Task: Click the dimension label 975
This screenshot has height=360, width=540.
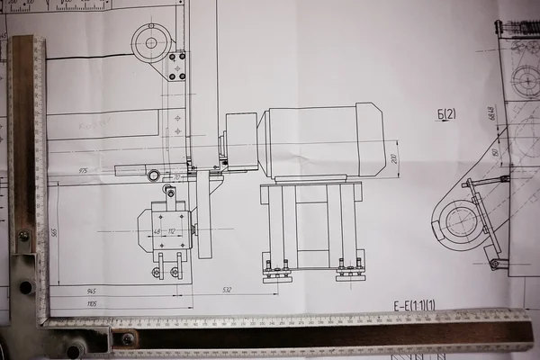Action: point(83,169)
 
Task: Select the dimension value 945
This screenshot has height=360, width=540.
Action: point(91,291)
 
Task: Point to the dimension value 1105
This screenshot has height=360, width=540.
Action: point(91,304)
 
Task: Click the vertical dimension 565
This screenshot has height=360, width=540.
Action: point(54,233)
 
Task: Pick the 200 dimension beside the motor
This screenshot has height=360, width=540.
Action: point(393,157)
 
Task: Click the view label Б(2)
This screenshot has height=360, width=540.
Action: point(446,113)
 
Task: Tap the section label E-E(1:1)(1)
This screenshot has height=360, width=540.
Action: point(414,306)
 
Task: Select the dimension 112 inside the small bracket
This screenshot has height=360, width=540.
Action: point(171,231)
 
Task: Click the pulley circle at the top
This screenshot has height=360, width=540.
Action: point(150,42)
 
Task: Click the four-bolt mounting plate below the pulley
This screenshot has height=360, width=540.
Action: point(176,65)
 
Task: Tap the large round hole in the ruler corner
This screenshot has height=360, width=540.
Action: point(26,287)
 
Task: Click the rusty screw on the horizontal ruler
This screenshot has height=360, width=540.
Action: point(128,338)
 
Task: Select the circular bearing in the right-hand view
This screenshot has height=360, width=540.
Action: point(461,220)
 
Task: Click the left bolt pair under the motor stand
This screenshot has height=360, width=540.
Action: point(276,267)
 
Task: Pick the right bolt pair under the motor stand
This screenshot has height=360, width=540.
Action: point(349,267)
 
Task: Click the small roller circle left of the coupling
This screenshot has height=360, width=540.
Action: point(154,175)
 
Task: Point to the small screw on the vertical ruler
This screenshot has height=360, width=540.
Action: point(23,236)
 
